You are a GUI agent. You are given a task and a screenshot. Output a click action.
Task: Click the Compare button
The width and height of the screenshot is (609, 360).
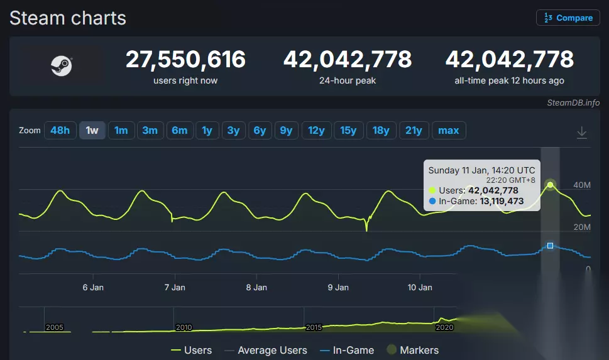[x=568, y=18]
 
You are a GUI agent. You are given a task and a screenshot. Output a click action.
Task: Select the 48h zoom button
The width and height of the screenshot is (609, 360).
[x=60, y=131]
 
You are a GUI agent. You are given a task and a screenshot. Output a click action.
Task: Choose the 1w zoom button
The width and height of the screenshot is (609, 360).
[x=92, y=131]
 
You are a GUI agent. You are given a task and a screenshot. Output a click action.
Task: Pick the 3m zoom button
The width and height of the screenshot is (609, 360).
[x=150, y=131]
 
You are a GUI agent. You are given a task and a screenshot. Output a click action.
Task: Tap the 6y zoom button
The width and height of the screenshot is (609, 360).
[x=260, y=131]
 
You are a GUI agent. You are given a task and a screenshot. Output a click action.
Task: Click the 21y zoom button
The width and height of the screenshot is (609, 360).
[x=414, y=131]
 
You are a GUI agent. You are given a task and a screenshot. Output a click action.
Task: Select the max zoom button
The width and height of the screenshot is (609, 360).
[x=448, y=131]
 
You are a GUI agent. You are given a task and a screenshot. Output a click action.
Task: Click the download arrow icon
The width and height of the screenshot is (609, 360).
[x=582, y=132]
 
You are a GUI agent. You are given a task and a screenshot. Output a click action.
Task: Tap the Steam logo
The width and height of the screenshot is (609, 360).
[x=62, y=66]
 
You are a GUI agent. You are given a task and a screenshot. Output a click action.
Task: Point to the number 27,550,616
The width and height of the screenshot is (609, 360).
[x=185, y=60]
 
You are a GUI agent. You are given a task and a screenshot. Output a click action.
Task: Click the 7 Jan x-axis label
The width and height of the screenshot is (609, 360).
[x=175, y=287]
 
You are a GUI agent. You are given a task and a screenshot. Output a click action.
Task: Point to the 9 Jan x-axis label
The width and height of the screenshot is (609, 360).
[x=338, y=287]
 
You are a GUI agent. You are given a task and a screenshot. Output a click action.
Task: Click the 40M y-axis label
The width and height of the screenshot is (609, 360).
[x=582, y=185]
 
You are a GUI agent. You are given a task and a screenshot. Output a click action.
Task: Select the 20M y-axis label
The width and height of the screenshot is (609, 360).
[x=582, y=227]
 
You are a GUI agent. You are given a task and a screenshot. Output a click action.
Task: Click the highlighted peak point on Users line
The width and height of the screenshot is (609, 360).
[x=550, y=185]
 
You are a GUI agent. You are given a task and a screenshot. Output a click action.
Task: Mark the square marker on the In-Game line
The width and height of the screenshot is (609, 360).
[x=550, y=246]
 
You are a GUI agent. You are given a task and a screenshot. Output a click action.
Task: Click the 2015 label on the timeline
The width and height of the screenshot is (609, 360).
[x=314, y=327]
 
